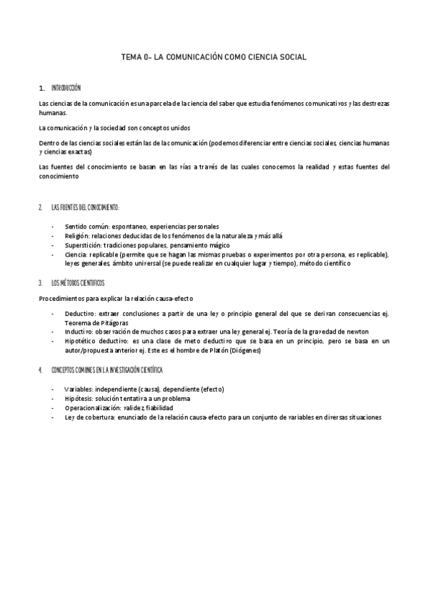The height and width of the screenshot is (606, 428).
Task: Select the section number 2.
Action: tap(41, 207)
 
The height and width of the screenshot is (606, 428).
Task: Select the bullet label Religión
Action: tap(77, 235)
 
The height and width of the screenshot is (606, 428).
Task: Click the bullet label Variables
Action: tap(79, 389)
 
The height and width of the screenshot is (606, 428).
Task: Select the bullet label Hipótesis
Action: tap(79, 398)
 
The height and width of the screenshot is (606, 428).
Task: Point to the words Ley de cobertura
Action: tap(89, 417)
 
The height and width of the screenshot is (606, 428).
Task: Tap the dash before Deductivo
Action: tap(53, 313)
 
